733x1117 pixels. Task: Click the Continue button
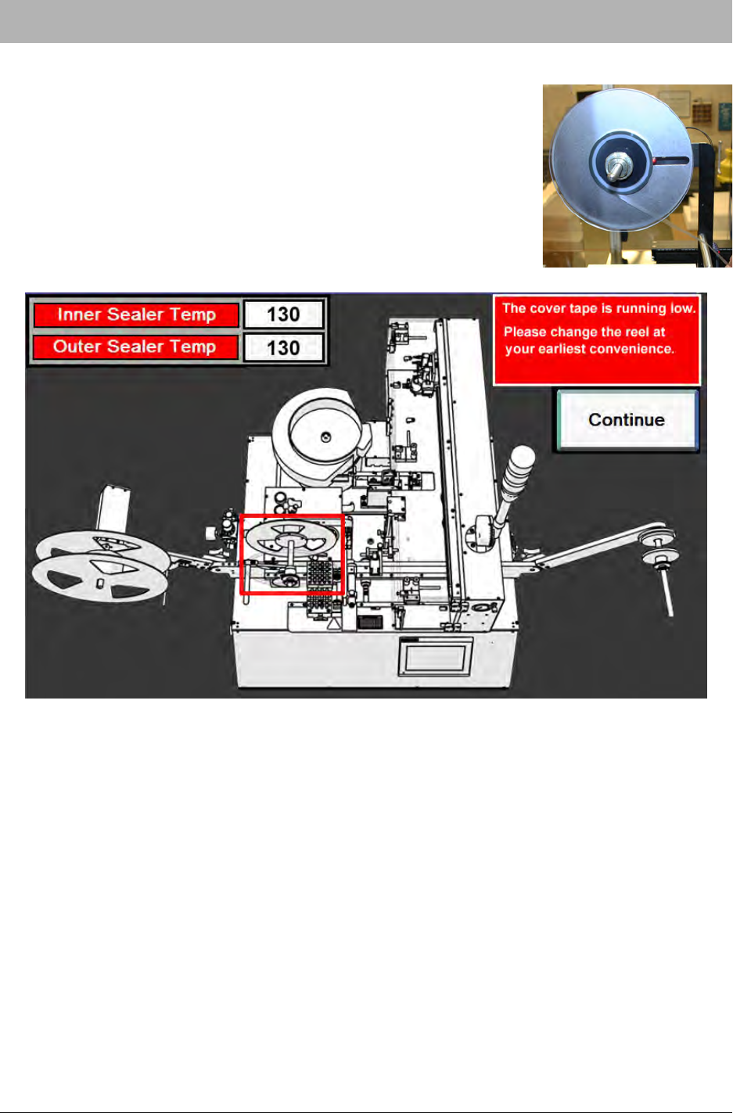pos(627,420)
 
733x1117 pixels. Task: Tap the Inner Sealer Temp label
pos(136,315)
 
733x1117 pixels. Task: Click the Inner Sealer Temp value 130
pos(283,314)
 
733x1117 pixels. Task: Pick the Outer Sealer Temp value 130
pos(283,347)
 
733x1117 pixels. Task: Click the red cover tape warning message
pos(597,340)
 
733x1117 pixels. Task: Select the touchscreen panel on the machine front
pos(435,657)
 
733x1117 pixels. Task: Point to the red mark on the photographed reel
pos(654,160)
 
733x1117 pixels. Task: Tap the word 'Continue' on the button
pos(627,420)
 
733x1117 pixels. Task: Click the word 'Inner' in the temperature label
pos(79,314)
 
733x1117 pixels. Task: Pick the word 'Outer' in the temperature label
pos(77,347)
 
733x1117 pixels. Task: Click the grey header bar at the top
pos(366,21)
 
